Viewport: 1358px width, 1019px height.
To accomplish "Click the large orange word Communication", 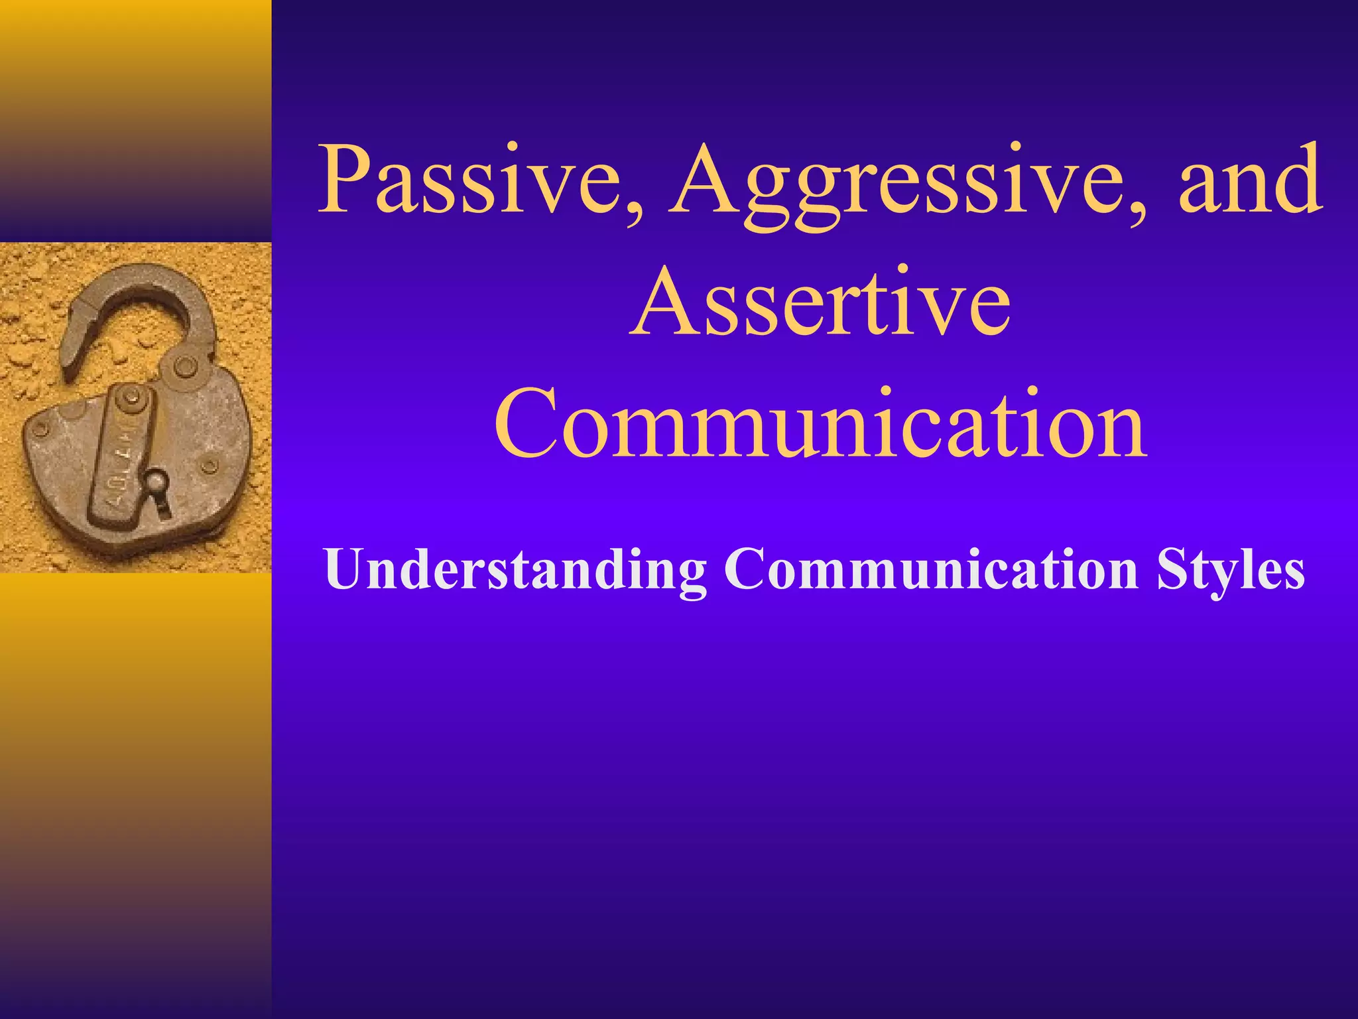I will tap(820, 425).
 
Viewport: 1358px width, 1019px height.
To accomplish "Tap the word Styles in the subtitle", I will tap(1231, 571).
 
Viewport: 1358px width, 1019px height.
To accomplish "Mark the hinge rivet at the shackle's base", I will tap(184, 365).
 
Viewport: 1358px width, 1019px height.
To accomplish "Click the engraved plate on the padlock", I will tap(123, 458).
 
